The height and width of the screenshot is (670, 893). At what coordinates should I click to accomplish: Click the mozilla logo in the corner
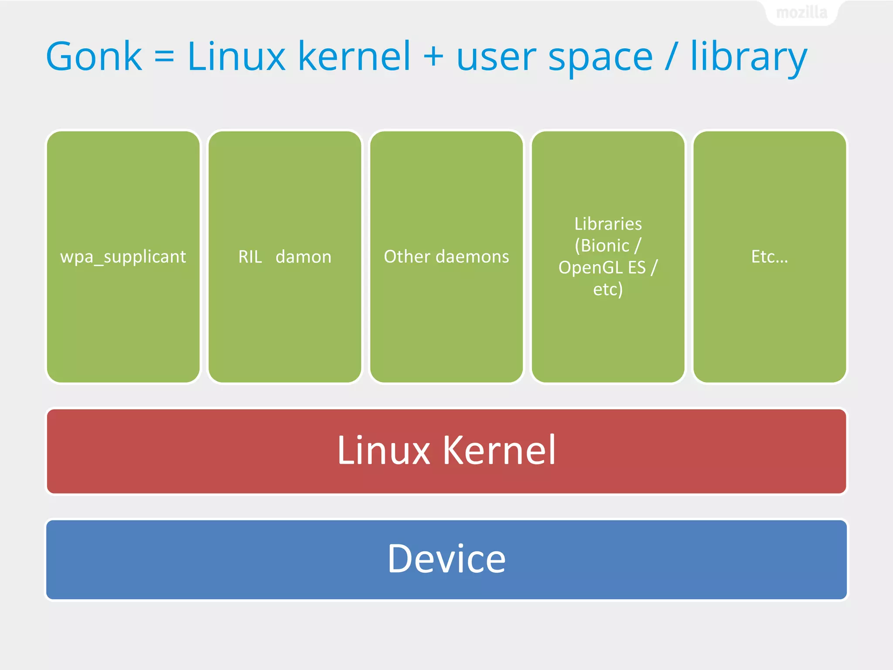[801, 13]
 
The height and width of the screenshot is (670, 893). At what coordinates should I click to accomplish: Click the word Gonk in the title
[94, 56]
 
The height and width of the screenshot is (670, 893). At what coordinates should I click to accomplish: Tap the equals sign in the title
[164, 56]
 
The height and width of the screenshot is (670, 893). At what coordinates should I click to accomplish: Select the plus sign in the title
[433, 56]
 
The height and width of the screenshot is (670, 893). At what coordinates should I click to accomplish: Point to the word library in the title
[749, 57]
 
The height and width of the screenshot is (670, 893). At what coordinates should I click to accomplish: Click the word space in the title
[600, 59]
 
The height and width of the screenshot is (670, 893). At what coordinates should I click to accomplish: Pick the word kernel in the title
[354, 56]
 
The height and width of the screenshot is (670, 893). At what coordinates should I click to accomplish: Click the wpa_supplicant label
[123, 257]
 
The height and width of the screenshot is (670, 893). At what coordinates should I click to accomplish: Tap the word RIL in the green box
[250, 257]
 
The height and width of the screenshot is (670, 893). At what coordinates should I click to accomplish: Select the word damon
[303, 257]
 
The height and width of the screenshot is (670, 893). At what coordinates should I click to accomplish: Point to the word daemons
[472, 256]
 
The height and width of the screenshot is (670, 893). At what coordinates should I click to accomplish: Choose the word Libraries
[608, 224]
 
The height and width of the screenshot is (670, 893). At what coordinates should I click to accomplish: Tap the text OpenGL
[590, 268]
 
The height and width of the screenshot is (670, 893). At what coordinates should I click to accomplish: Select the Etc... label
[770, 256]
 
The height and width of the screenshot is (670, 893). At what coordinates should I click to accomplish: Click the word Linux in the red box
[384, 451]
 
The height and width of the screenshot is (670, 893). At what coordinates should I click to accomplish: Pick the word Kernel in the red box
[500, 451]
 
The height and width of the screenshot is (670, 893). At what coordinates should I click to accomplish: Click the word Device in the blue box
[446, 559]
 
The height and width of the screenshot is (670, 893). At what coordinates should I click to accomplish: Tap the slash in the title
[671, 56]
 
